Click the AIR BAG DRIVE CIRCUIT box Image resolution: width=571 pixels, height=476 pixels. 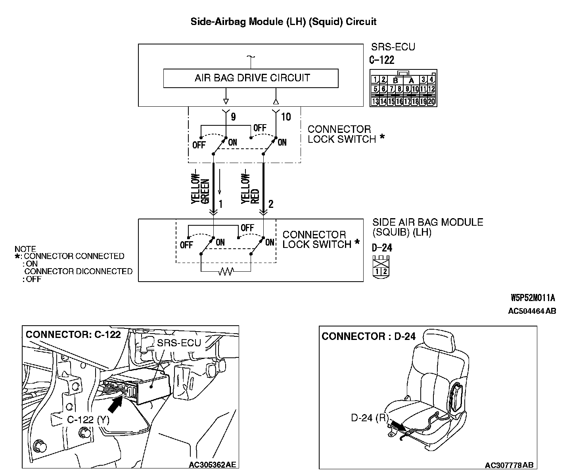click(x=251, y=78)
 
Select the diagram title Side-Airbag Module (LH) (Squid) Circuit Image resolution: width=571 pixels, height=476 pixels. click(x=283, y=21)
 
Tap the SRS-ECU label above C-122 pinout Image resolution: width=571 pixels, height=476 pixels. click(x=393, y=47)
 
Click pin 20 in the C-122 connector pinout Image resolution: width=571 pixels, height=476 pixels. click(x=431, y=101)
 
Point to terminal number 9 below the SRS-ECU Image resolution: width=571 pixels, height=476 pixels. click(x=233, y=117)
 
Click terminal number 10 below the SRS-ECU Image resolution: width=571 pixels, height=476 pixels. click(x=285, y=117)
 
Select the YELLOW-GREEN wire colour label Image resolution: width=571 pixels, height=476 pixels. click(x=200, y=189)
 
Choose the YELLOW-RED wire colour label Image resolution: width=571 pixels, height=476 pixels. click(x=250, y=189)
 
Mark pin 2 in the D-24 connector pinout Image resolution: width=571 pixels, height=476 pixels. click(x=385, y=272)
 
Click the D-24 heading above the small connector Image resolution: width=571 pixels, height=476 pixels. click(x=382, y=248)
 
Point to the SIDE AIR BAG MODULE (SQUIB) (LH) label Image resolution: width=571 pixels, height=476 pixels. click(x=427, y=227)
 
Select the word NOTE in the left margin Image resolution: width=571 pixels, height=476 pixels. click(x=25, y=249)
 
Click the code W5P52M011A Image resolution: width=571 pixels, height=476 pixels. click(x=532, y=298)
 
